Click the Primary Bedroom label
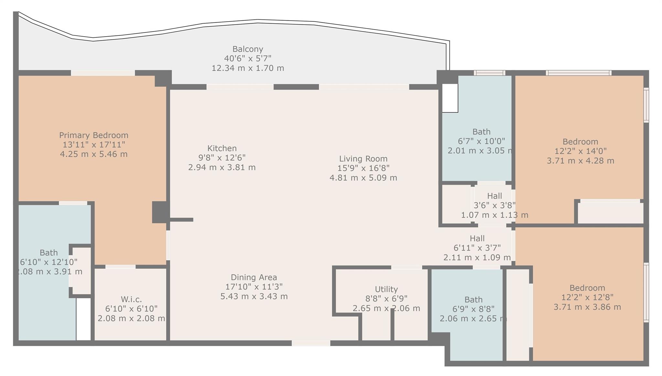94,135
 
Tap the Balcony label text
248,49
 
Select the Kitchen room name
222,148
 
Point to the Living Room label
363,159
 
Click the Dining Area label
254,277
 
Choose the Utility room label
386,289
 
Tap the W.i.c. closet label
131,299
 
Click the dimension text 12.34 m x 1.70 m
248,68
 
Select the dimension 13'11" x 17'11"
94,145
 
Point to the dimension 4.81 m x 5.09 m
363,178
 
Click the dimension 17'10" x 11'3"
254,287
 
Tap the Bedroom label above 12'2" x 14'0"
581,142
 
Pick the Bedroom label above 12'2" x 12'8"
587,288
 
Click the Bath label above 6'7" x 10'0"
482,132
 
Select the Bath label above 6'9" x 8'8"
474,300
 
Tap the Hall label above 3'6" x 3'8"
495,196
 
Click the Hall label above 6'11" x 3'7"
477,239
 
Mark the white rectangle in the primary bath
83,319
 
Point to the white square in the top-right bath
450,98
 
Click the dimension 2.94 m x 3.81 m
222,167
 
